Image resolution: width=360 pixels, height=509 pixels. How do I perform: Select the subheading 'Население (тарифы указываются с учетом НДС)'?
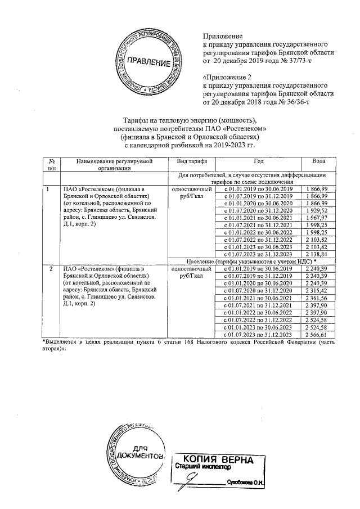tap(249, 262)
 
